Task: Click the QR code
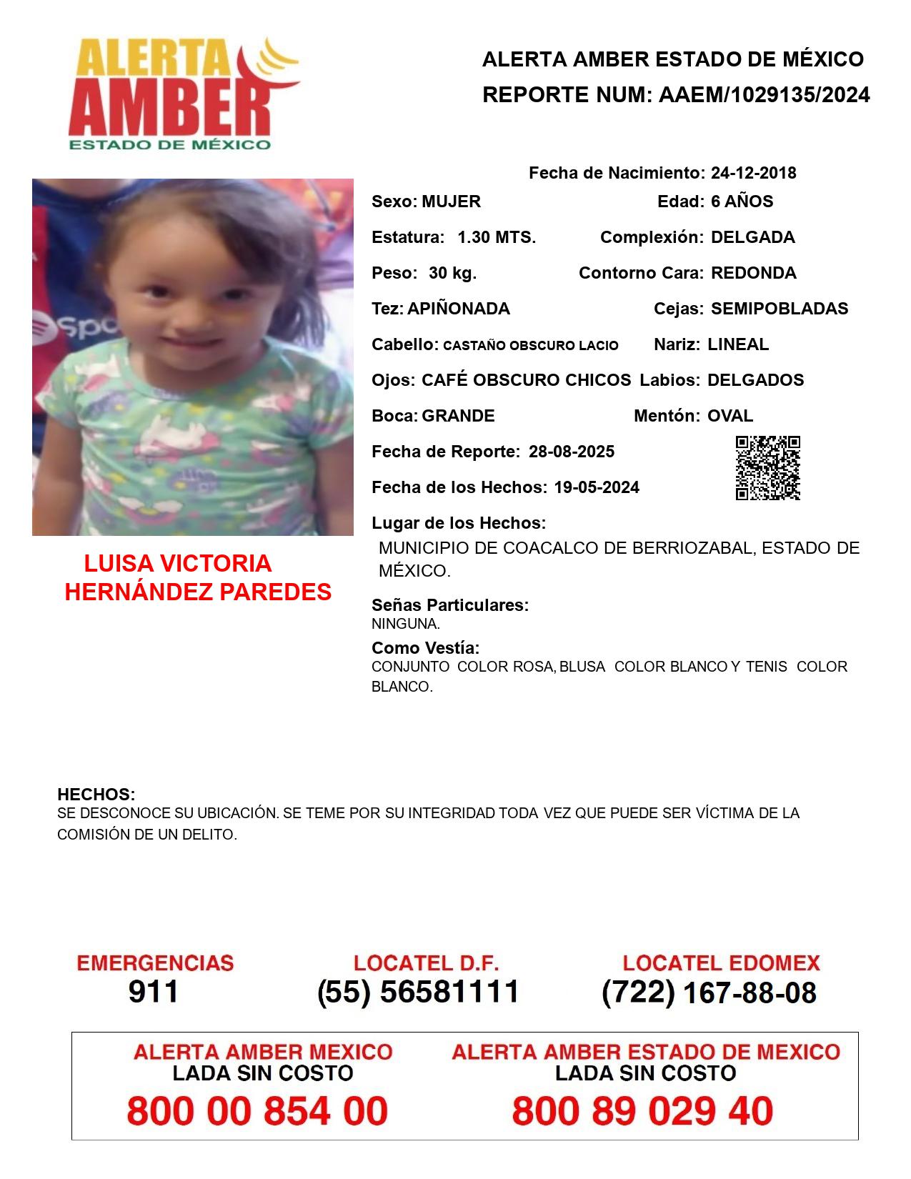pos(767,468)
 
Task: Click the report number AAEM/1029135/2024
pos(764,95)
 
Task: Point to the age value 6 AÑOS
pos(742,202)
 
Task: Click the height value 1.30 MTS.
pos(497,237)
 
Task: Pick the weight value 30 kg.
pos(452,273)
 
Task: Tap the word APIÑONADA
pos(459,309)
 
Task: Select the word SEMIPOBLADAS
pos(780,309)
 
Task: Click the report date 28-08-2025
pos(572,452)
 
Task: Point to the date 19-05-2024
pos(597,487)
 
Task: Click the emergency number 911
pos(154,992)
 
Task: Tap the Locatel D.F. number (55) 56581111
pos(419,992)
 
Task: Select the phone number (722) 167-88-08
pos(709,993)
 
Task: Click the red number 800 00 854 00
pos(257,1111)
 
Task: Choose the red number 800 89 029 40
pos(642,1111)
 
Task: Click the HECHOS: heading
pos(96,795)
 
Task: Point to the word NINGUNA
pos(405,624)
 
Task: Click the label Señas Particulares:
pos(450,605)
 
